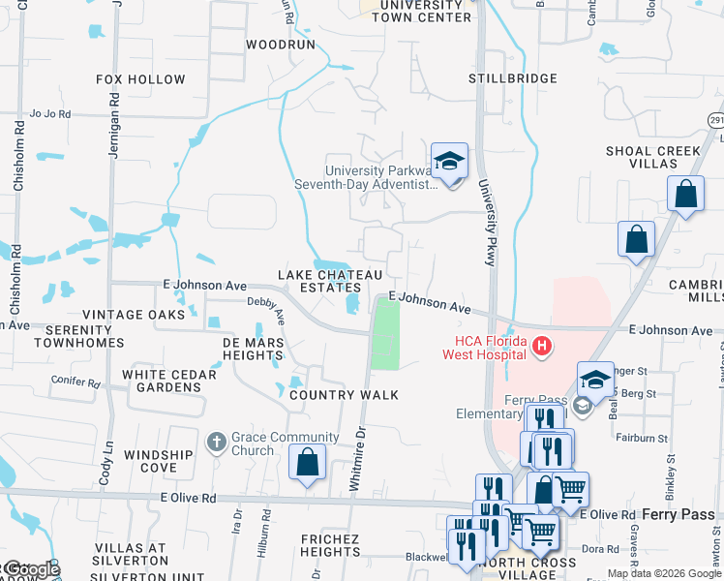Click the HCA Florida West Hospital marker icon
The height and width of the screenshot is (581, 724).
(x=541, y=346)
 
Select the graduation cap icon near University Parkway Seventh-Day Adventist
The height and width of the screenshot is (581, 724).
(x=450, y=161)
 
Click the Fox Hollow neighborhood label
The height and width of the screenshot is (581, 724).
(x=141, y=79)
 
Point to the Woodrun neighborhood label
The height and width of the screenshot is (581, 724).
(x=282, y=45)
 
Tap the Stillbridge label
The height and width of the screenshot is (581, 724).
(x=513, y=78)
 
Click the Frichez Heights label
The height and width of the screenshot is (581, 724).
(x=317, y=545)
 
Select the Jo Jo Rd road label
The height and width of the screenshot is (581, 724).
(x=50, y=113)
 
